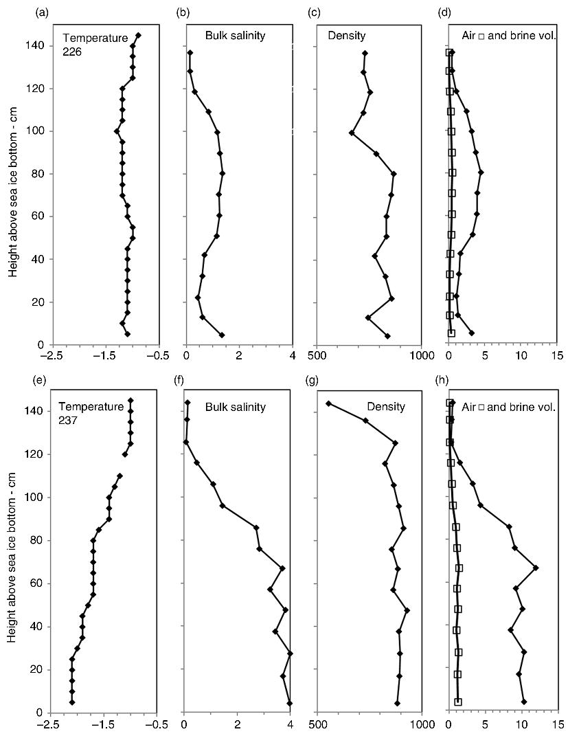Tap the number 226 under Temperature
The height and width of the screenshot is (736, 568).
[x=72, y=51]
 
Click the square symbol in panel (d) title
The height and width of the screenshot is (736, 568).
[x=481, y=36]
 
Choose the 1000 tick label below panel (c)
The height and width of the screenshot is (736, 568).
[x=420, y=356]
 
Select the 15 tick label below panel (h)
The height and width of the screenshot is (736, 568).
[x=556, y=724]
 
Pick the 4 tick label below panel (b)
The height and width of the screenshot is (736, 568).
[x=293, y=356]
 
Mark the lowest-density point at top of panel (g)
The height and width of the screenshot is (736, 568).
[x=328, y=403]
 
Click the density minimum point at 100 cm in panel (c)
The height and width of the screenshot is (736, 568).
[x=352, y=133]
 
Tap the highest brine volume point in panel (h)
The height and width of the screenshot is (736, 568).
[x=536, y=568]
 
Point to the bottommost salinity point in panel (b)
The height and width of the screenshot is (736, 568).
[x=222, y=335]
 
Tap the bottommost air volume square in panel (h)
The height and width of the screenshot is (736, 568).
[x=458, y=702]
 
